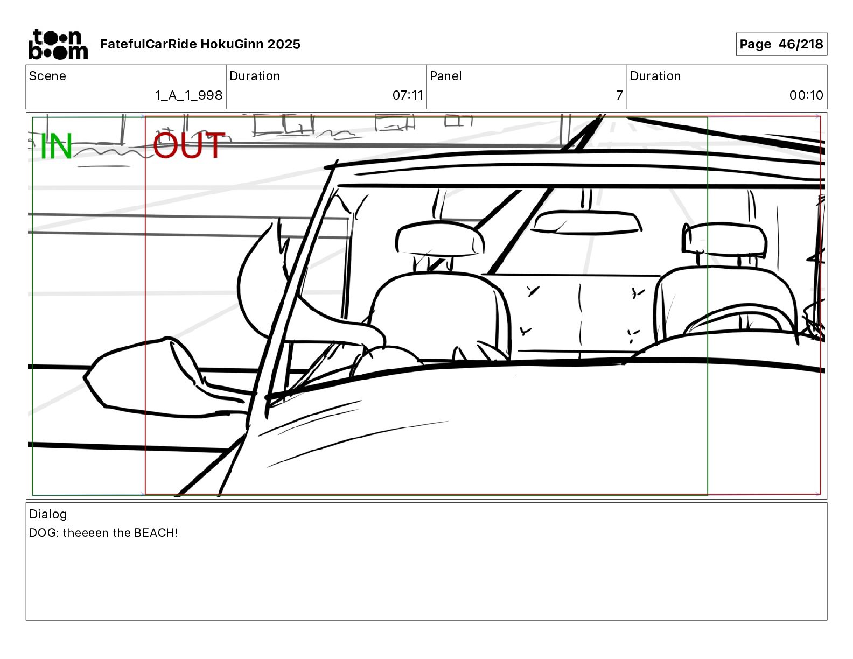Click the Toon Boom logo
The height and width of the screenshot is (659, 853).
[x=58, y=44]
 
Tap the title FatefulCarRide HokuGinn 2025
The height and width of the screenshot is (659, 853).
[x=200, y=44]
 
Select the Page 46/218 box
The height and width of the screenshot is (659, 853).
[x=781, y=44]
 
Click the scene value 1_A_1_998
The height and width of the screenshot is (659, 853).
[x=188, y=95]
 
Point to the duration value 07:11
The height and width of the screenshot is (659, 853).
[x=408, y=95]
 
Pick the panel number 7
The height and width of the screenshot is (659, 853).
[x=619, y=95]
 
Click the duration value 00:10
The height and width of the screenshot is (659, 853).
[x=806, y=95]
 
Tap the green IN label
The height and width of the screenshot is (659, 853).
[x=57, y=146]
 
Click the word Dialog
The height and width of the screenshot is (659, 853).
[x=48, y=514]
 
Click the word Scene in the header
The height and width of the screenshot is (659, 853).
[x=47, y=76]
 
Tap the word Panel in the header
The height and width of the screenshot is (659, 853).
[x=446, y=76]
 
